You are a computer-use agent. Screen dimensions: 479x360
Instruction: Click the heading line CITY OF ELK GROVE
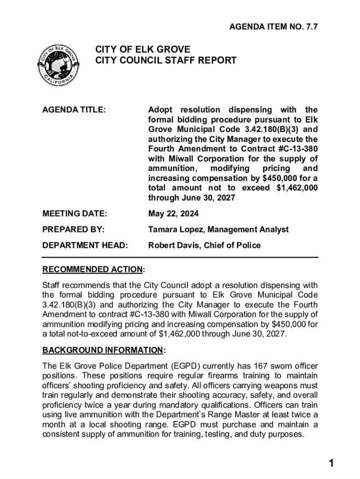point(143,50)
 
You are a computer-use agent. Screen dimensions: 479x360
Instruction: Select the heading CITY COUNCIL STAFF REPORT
point(166,61)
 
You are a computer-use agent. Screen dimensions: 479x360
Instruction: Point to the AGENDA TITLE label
point(74,110)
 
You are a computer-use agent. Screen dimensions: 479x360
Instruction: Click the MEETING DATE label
point(75,214)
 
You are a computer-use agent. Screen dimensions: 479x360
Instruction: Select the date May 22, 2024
point(173,214)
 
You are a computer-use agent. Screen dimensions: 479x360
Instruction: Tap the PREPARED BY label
point(73,230)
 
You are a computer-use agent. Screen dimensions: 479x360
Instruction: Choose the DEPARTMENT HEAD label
point(85,246)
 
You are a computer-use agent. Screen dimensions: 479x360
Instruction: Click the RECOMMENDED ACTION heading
point(93,269)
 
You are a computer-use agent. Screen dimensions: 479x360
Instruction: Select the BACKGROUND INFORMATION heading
point(103,350)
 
